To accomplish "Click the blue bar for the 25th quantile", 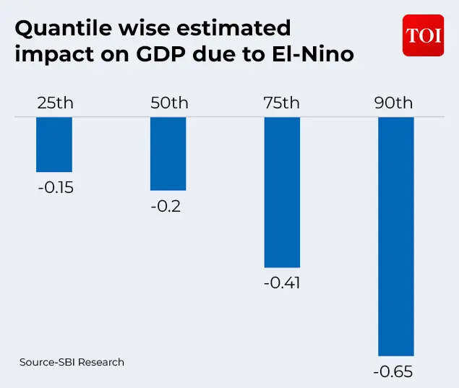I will point(54,144).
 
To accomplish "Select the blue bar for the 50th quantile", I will point(168,153).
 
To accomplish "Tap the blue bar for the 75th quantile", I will point(282,192).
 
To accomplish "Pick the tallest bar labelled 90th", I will point(396,236).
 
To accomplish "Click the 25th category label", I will point(55,103).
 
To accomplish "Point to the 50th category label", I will point(168,103).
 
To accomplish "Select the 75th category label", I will point(281,103).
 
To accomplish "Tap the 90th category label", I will point(394,103).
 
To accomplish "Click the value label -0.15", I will point(56,188).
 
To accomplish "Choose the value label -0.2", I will point(166,207).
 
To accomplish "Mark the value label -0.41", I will point(281,283).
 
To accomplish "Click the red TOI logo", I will point(423,35).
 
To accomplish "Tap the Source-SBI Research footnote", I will point(72,362).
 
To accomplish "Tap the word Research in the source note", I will point(100,362).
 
